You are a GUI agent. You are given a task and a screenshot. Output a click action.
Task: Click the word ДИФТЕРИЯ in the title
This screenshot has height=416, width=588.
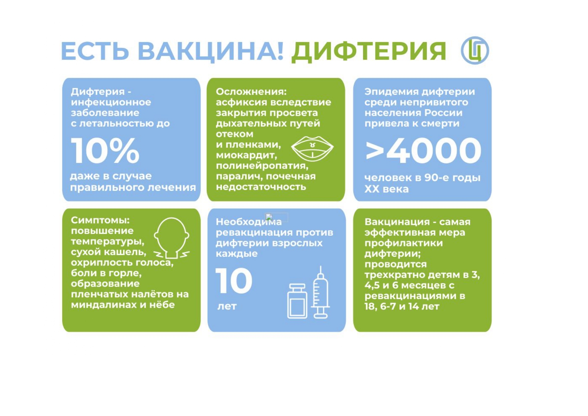point(369,52)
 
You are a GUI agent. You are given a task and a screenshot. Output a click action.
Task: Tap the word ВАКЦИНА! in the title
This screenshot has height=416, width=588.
point(211,51)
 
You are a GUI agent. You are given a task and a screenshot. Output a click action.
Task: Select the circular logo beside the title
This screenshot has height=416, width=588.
point(475,50)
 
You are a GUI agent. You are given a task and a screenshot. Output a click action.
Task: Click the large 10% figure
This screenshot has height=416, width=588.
point(105,151)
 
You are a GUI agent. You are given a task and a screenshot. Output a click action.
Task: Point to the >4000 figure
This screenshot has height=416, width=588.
point(423,151)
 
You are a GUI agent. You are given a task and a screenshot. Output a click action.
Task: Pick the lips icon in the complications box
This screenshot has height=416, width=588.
point(312,148)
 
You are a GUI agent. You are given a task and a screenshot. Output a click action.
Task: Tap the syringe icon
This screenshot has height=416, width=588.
point(320,292)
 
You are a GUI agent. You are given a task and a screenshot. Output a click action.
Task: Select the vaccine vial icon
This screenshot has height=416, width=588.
point(297,301)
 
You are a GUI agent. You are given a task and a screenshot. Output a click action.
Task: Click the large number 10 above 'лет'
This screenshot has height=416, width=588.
point(234,281)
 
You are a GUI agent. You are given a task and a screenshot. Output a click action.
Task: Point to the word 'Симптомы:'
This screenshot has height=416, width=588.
point(100,220)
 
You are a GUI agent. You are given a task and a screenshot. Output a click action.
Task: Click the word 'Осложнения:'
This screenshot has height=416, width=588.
point(251,92)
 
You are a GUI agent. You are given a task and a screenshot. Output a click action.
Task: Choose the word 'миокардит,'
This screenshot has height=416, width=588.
point(246,155)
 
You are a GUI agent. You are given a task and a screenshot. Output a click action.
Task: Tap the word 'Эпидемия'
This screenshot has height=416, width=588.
point(391,92)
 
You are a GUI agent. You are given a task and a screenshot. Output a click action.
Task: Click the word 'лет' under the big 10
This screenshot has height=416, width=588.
point(227,306)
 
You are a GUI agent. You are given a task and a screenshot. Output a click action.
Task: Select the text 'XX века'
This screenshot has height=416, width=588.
point(387,189)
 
